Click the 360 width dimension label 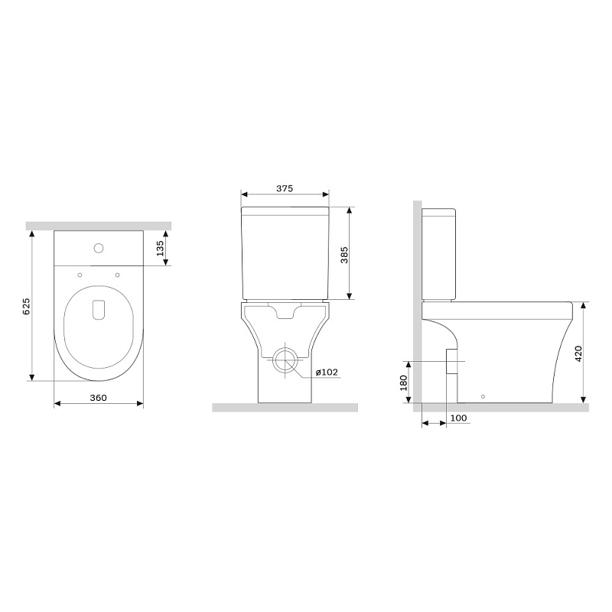click(98, 397)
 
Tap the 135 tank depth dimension click(161, 249)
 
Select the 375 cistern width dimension click(284, 188)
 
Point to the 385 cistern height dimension click(344, 254)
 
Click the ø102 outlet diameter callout click(325, 373)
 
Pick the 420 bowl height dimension click(578, 353)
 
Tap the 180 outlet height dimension click(404, 382)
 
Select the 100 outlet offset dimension click(458, 417)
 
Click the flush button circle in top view click(97, 247)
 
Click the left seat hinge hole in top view click(80, 275)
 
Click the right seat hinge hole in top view click(117, 275)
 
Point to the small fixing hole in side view click(482, 396)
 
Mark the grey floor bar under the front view click(285, 407)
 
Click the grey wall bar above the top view click(98, 226)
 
